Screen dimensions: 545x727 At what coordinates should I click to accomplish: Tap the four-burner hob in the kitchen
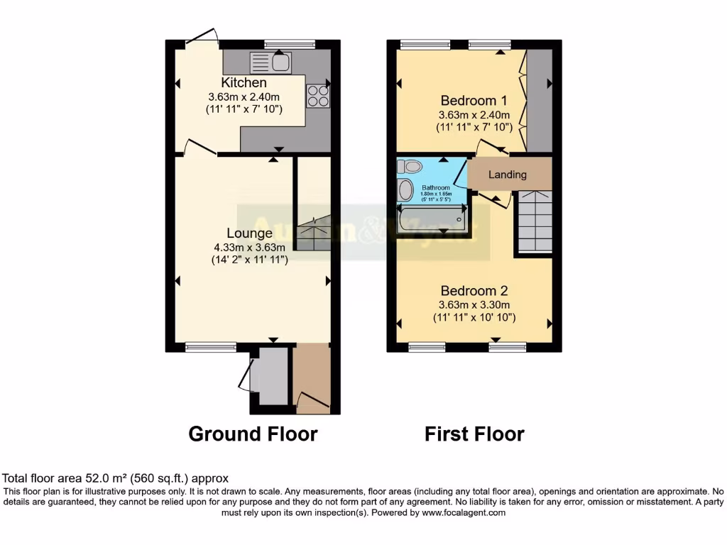click(318, 96)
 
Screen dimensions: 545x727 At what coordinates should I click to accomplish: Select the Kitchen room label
click(244, 83)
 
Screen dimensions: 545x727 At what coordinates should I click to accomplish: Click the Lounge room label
click(249, 233)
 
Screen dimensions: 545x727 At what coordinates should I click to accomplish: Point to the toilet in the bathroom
click(410, 167)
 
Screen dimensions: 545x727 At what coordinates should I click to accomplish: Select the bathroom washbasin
click(405, 190)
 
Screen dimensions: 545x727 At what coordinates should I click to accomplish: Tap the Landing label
click(508, 175)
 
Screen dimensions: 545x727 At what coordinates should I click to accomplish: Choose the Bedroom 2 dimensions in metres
click(474, 304)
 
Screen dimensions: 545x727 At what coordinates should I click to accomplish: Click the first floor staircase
click(534, 221)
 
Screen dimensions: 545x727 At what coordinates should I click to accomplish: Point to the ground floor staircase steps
click(313, 231)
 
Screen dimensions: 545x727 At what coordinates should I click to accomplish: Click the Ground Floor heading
click(253, 434)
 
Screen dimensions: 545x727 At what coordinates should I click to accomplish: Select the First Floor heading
click(474, 434)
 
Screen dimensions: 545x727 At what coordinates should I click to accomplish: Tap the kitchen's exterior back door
click(203, 39)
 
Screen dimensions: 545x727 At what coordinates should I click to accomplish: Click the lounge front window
click(211, 347)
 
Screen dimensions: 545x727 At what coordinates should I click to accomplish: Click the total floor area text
click(116, 478)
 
